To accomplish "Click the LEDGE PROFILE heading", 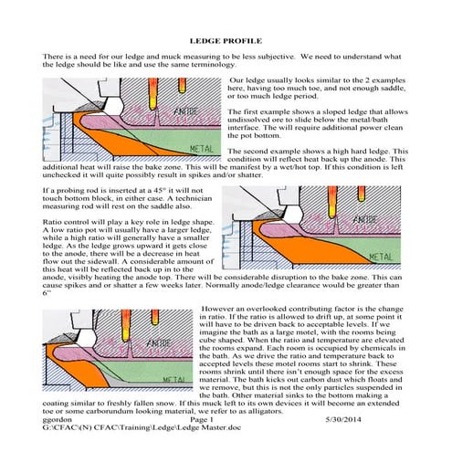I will click(226, 42).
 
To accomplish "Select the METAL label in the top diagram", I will click(200, 146).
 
